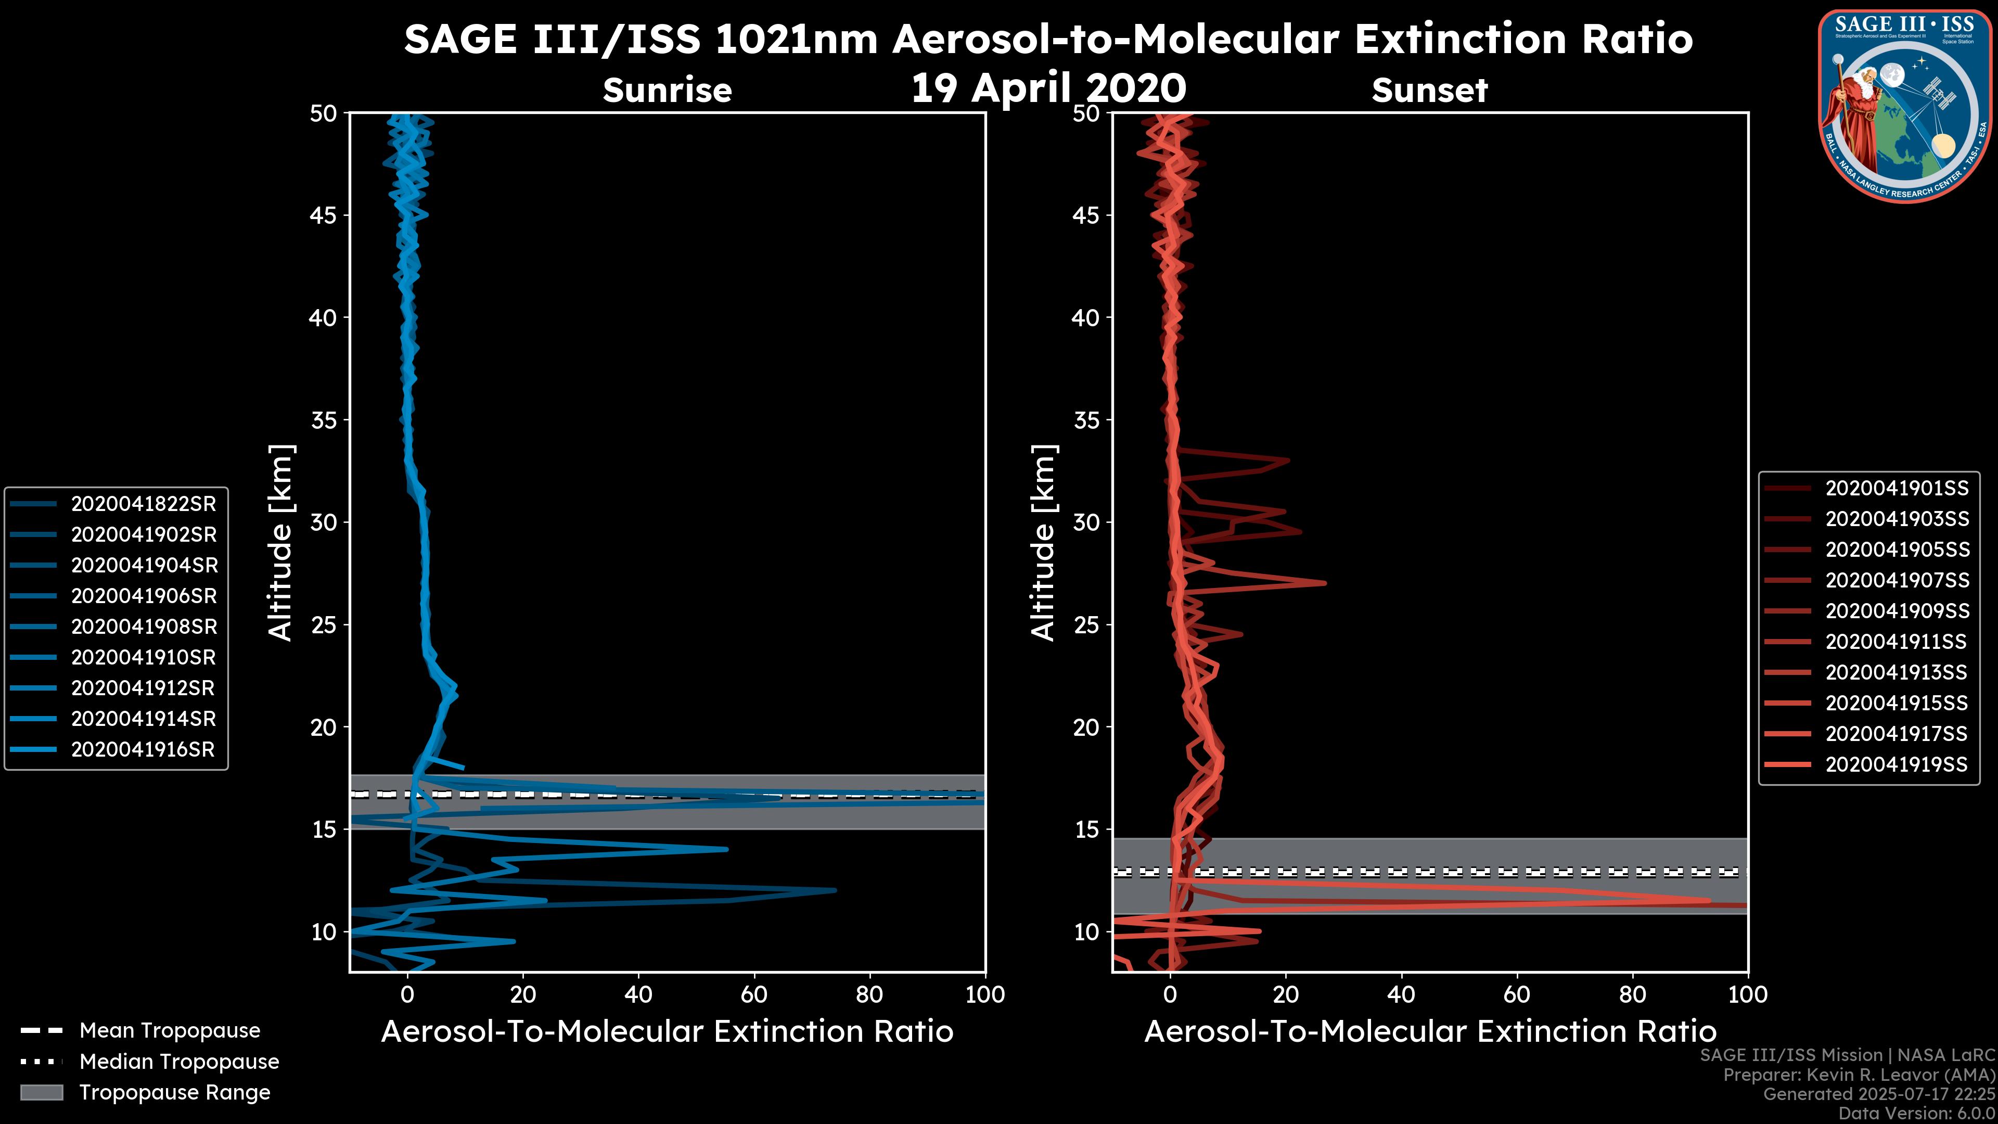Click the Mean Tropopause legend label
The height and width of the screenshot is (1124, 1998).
[170, 1030]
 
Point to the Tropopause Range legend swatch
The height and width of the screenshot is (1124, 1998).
[42, 1092]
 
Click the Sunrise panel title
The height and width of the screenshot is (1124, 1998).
[667, 90]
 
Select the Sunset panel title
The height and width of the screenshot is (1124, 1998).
[1429, 90]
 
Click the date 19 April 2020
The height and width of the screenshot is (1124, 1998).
[1048, 87]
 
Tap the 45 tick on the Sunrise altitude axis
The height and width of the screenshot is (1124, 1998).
[324, 215]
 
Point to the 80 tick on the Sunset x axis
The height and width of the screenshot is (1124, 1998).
[1633, 994]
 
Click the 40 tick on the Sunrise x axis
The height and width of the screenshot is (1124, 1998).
[638, 994]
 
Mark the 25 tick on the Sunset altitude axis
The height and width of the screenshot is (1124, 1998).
[1086, 624]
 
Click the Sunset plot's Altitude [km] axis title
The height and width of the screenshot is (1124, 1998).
[1044, 542]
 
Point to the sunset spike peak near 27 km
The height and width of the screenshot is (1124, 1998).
[1324, 583]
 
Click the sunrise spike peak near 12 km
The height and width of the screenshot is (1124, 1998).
[835, 890]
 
